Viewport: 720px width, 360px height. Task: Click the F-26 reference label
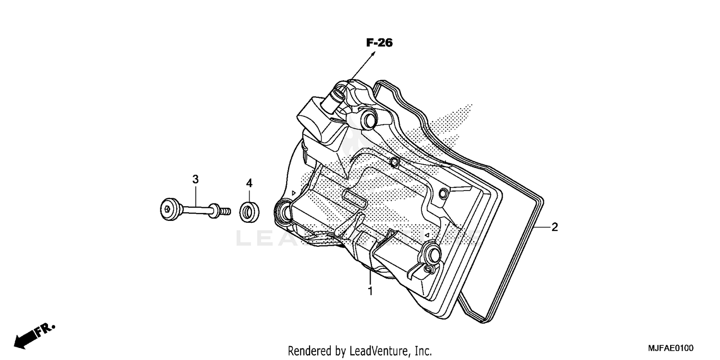379,43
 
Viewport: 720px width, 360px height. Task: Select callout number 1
370,291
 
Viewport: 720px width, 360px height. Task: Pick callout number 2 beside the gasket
554,227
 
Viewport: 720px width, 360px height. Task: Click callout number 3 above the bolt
195,179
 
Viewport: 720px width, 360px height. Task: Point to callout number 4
249,183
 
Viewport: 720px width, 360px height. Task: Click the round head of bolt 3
168,210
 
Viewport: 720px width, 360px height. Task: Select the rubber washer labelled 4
249,212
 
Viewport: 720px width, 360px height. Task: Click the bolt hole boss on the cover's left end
282,211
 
